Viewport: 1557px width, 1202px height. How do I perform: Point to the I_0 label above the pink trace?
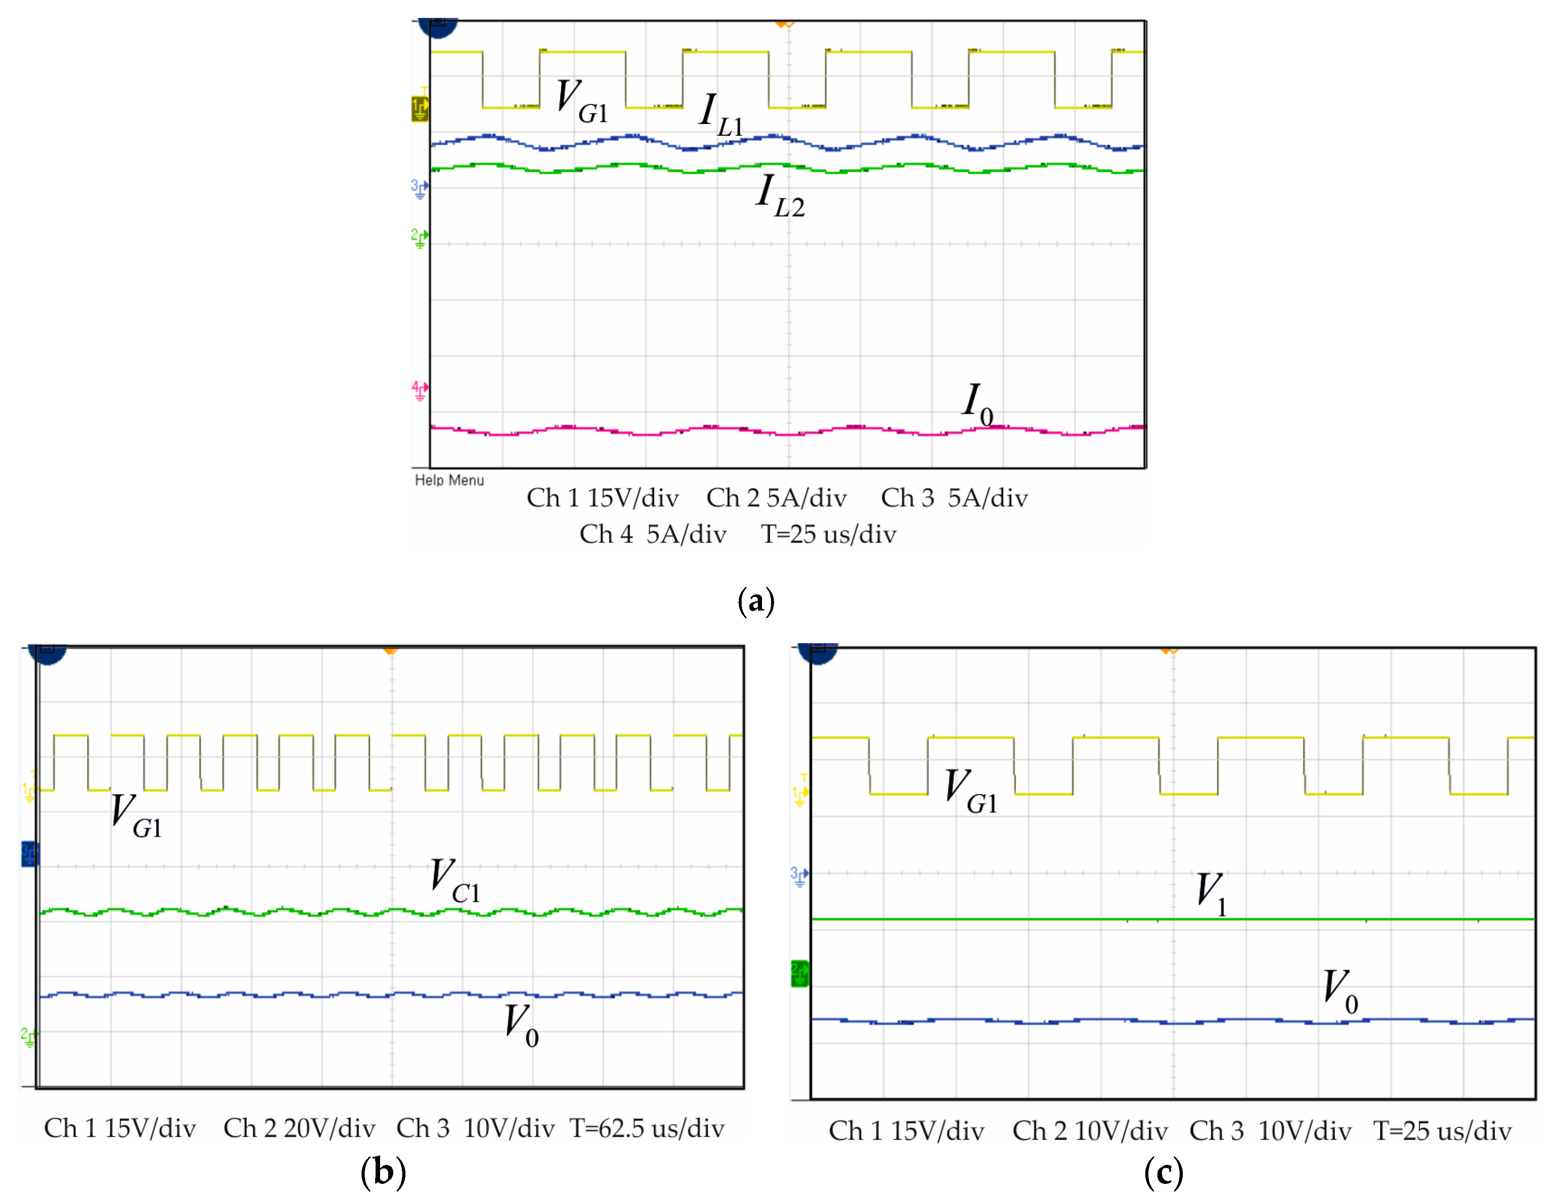point(977,404)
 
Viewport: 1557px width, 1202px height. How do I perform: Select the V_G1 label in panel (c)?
point(970,792)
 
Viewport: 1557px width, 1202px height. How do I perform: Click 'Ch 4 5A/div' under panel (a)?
point(652,534)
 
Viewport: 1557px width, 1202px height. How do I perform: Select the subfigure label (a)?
point(756,601)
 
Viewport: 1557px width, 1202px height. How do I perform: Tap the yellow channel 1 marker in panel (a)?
point(420,109)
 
